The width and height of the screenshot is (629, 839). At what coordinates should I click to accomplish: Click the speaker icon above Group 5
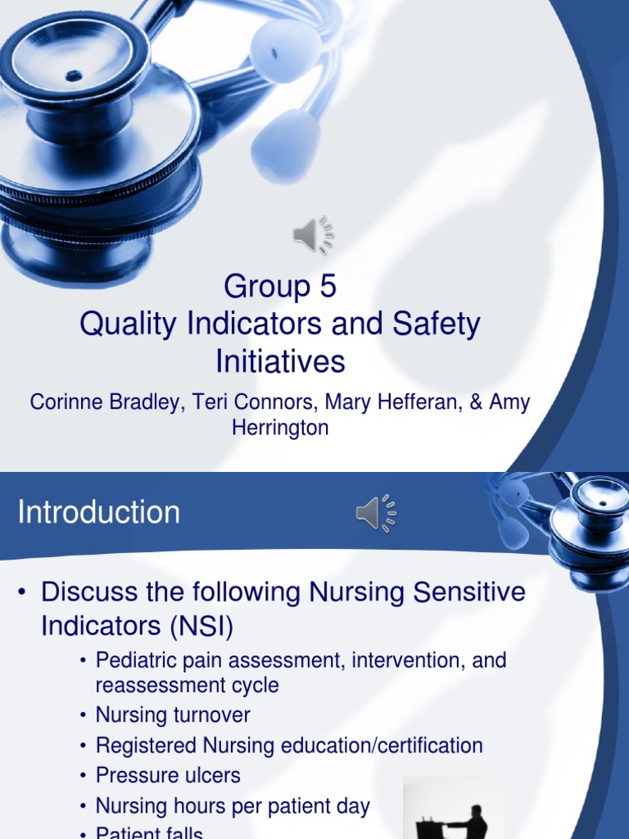[313, 236]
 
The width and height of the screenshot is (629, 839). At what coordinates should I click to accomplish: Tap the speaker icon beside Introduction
[375, 514]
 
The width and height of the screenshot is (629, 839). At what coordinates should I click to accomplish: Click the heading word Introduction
[99, 513]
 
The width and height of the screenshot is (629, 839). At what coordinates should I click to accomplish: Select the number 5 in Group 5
[327, 287]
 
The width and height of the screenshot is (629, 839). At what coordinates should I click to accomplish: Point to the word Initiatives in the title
[280, 361]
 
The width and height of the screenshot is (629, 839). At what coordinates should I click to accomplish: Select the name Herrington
[280, 428]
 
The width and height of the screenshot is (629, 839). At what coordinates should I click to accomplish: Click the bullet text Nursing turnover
[173, 715]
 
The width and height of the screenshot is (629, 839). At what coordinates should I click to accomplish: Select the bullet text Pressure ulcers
[168, 774]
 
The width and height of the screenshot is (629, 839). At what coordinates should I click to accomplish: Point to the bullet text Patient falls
[149, 832]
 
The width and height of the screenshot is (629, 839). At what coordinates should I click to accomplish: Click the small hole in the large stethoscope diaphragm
[74, 76]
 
